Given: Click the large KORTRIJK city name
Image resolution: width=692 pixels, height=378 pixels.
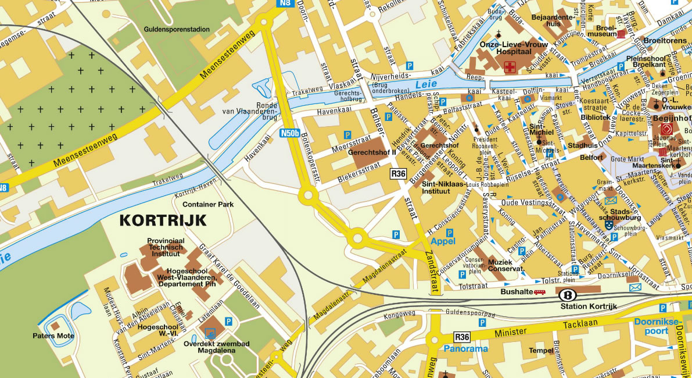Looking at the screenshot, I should pyautogui.click(x=163, y=220).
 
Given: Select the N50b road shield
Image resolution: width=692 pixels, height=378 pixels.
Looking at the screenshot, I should pyautogui.click(x=289, y=133).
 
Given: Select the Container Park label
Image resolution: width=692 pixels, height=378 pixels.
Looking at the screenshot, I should pyautogui.click(x=207, y=205).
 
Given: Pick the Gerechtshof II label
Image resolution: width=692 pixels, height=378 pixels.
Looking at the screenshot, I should pyautogui.click(x=372, y=152).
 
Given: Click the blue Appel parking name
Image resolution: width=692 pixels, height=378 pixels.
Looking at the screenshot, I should pyautogui.click(x=442, y=241).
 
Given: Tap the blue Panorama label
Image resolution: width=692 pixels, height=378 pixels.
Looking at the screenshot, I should pyautogui.click(x=465, y=349).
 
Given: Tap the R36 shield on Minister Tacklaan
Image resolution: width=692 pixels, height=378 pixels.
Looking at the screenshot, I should pyautogui.click(x=462, y=337).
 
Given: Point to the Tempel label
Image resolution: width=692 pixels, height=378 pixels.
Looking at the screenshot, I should pyautogui.click(x=541, y=351).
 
